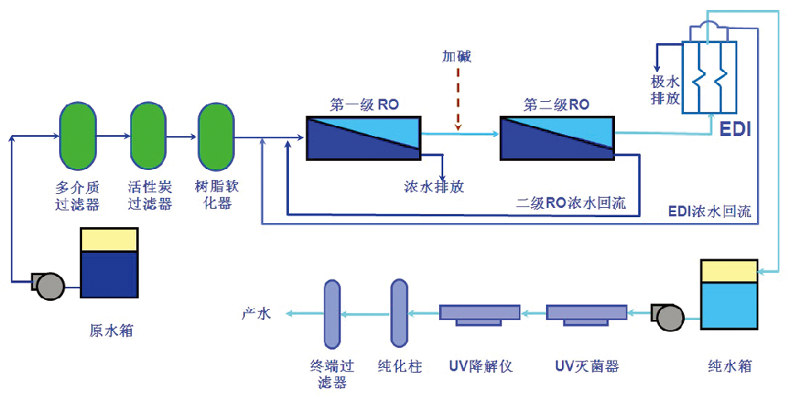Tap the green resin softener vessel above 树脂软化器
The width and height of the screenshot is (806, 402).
(x=217, y=134)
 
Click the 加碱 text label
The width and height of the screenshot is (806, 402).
(x=457, y=56)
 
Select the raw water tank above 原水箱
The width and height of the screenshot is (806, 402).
(x=109, y=263)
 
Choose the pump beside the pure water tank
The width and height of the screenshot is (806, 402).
(x=668, y=316)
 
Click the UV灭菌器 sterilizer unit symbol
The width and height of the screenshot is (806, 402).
(x=587, y=314)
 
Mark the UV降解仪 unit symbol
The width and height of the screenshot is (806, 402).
(x=480, y=314)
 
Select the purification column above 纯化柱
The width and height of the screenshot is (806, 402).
(x=399, y=312)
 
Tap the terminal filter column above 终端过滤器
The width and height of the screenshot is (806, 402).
(x=332, y=312)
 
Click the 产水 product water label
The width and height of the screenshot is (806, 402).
(x=256, y=313)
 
